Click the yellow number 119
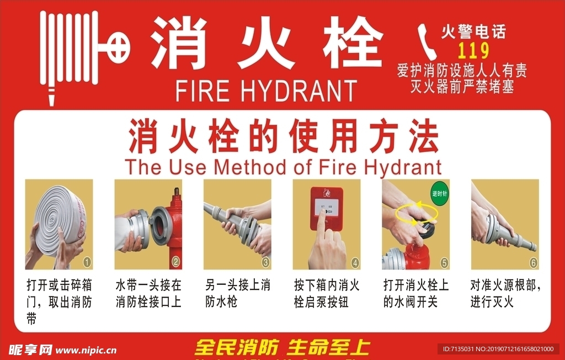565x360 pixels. click(x=473, y=51)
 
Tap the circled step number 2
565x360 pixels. click(x=175, y=262)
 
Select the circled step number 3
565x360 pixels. click(x=265, y=262)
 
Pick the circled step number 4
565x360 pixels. click(x=354, y=262)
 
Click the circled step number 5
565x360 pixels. click(x=444, y=262)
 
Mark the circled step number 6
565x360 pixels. click(x=532, y=262)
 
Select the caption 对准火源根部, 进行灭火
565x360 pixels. click(x=505, y=294)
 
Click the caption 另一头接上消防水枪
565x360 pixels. click(x=237, y=294)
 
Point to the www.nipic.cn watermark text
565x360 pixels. click(x=86, y=350)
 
